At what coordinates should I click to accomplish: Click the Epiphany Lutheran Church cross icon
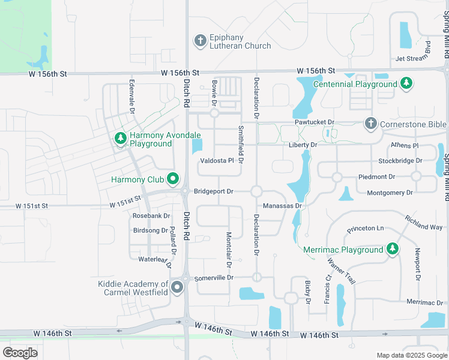(200, 41)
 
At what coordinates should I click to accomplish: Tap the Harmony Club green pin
(173, 178)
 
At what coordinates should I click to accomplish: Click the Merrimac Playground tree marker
(392, 248)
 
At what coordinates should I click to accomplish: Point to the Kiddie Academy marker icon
(176, 287)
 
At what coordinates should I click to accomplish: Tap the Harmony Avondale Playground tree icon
(121, 139)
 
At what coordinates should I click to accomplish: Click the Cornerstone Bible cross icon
(370, 124)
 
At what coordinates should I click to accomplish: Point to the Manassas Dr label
(282, 205)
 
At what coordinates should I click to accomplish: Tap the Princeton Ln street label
(365, 229)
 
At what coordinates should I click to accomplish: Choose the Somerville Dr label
(214, 278)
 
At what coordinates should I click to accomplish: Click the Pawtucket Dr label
(315, 122)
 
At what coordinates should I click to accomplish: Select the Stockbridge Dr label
(400, 161)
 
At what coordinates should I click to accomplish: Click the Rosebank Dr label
(151, 215)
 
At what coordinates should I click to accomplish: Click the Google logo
(20, 352)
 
